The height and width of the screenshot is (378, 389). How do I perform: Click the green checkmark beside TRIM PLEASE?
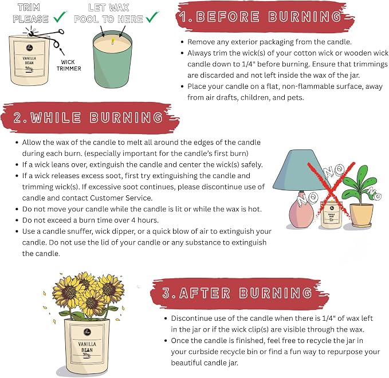coord(60,17)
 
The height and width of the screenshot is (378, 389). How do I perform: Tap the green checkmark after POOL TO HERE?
coord(152,17)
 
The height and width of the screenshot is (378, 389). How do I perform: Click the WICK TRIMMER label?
coord(69,65)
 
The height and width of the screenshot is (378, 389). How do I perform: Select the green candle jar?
coord(112,60)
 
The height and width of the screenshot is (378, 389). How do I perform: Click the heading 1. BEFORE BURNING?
coord(260,17)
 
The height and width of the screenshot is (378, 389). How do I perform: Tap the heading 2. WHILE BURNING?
coord(88,117)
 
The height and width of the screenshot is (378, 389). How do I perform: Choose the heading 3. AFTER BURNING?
coord(237,293)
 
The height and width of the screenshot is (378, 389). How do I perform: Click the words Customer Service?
coord(121,198)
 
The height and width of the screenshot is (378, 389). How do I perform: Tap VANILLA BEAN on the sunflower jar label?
coord(87,347)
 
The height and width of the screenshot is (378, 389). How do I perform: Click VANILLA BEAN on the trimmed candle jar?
coord(29,61)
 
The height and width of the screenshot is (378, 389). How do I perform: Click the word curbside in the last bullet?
coord(205,352)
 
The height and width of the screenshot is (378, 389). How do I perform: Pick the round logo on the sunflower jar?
coord(87,332)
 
